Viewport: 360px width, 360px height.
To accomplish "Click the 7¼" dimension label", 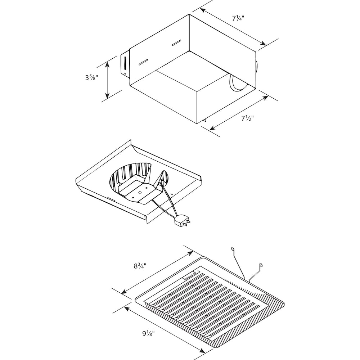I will tap(237, 18).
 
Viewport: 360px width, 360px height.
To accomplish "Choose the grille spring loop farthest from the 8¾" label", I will tap(260, 266).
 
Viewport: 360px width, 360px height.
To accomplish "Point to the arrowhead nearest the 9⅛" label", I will tap(126, 308).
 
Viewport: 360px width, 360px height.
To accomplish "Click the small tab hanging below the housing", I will tap(205, 122).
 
